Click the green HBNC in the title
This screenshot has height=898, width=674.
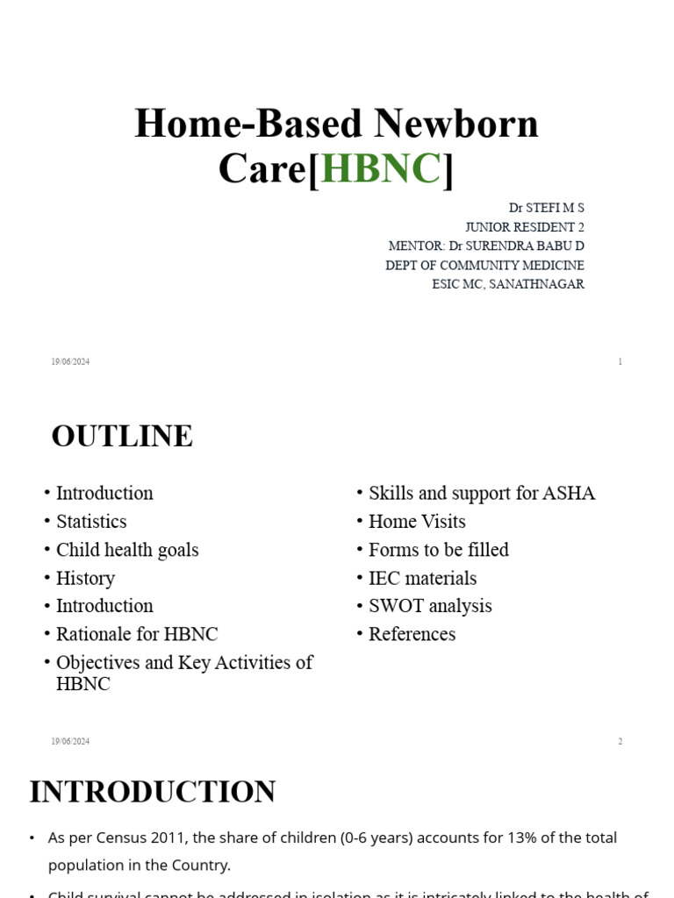pyautogui.click(x=381, y=168)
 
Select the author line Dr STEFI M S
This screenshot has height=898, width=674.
pyautogui.click(x=546, y=208)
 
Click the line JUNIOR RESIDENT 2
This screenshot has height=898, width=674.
pyautogui.click(x=524, y=227)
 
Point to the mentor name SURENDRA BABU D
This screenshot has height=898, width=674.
pyautogui.click(x=529, y=246)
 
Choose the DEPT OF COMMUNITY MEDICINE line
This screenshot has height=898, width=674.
pyautogui.click(x=484, y=265)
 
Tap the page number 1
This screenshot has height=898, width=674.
pyautogui.click(x=620, y=361)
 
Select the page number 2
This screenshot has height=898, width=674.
pyautogui.click(x=620, y=741)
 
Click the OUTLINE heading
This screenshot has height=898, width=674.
pyautogui.click(x=122, y=436)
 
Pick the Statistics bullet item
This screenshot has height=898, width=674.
pyautogui.click(x=91, y=522)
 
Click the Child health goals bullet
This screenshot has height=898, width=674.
pyautogui.click(x=127, y=550)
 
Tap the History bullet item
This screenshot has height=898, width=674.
pyautogui.click(x=85, y=578)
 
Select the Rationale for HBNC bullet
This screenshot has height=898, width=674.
pyautogui.click(x=137, y=634)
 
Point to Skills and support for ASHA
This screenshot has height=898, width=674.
pyautogui.click(x=482, y=493)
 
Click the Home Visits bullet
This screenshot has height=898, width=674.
pyautogui.click(x=417, y=522)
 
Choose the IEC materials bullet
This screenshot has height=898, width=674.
pyautogui.click(x=422, y=578)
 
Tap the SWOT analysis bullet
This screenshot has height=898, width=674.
pyautogui.click(x=430, y=606)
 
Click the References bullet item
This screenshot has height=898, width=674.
pyautogui.click(x=412, y=634)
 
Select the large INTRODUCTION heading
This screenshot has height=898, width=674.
pyautogui.click(x=153, y=791)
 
